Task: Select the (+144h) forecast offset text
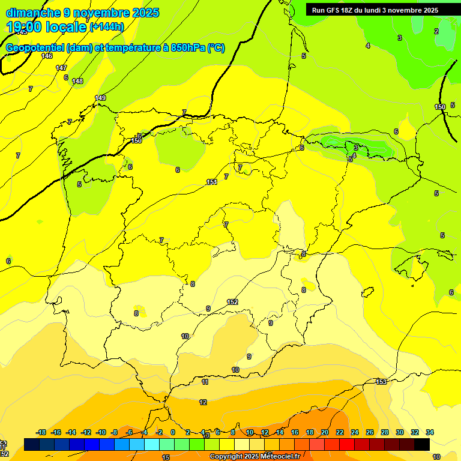coord(106,26)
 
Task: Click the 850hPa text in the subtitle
coord(188,48)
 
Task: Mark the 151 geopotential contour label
coord(211,182)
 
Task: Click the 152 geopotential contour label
coord(232,302)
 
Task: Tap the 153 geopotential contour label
coord(381,382)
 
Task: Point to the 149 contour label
coord(100,98)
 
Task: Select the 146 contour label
coord(47,56)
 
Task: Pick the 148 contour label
coord(77,81)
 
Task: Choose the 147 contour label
coord(61,68)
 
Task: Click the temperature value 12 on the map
coord(203,402)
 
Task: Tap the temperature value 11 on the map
coord(205,382)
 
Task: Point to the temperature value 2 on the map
coord(436,31)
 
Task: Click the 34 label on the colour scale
coord(429,432)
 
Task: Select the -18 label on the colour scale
coord(41,432)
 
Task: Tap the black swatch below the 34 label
coord(422,444)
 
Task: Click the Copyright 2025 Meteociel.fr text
coord(255,456)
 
